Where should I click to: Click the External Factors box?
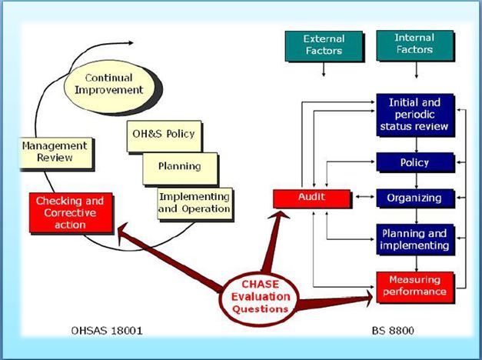tap(324, 45)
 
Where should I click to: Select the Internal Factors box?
tap(415, 45)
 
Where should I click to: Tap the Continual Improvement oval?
tap(115, 84)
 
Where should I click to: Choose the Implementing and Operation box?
tap(194, 202)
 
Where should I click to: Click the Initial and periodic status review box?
tap(415, 115)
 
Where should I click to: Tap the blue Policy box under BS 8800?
tap(415, 163)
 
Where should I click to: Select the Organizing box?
tap(415, 198)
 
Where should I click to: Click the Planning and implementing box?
tap(415, 238)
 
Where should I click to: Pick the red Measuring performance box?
tap(415, 285)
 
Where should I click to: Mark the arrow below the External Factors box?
tap(324, 70)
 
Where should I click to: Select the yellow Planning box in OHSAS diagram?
tap(180, 165)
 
